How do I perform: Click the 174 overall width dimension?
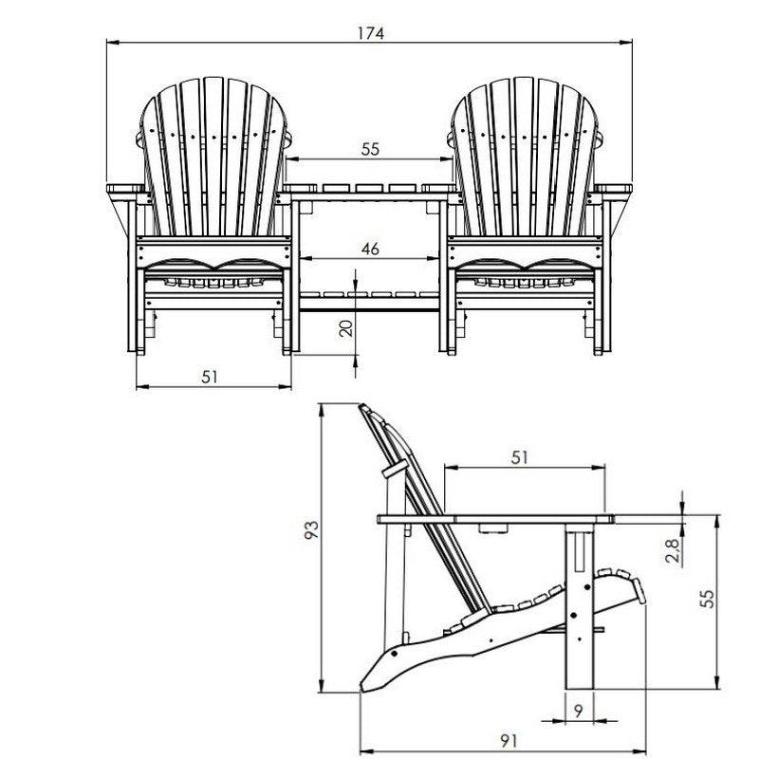[x=370, y=33]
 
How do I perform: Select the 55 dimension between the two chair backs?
[x=370, y=149]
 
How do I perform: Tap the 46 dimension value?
[x=370, y=249]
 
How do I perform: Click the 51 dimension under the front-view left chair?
[x=210, y=377]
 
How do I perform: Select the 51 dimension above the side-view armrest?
[x=519, y=457]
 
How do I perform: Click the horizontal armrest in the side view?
[x=493, y=518]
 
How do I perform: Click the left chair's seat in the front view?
[x=214, y=275]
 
